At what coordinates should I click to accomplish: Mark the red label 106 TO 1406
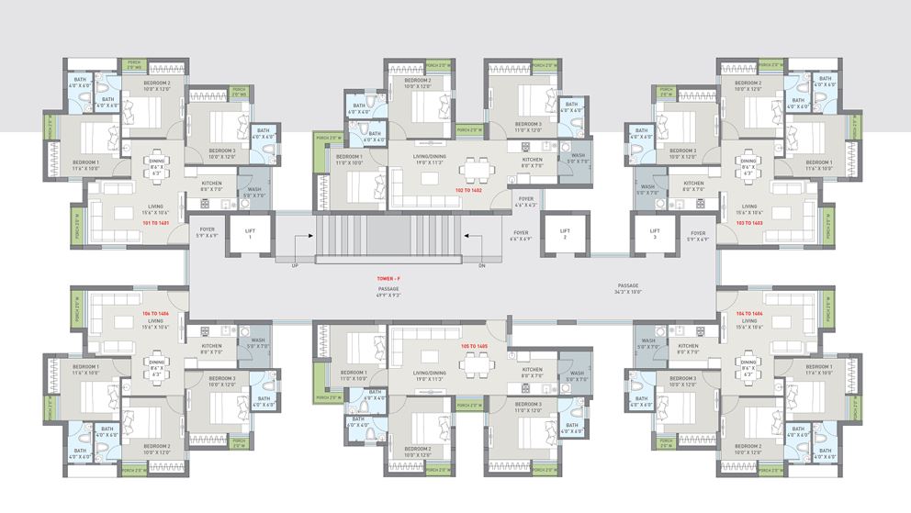(x=156, y=314)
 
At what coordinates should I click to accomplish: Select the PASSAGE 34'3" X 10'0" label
(x=628, y=288)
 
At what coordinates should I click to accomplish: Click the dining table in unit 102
(x=475, y=170)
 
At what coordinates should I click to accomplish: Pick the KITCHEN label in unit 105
(x=534, y=370)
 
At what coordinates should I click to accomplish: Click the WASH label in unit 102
(x=578, y=156)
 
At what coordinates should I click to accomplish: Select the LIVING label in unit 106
(x=157, y=321)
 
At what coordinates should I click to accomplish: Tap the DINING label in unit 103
(x=749, y=162)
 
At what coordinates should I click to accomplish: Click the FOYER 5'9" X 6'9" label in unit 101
(x=207, y=231)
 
